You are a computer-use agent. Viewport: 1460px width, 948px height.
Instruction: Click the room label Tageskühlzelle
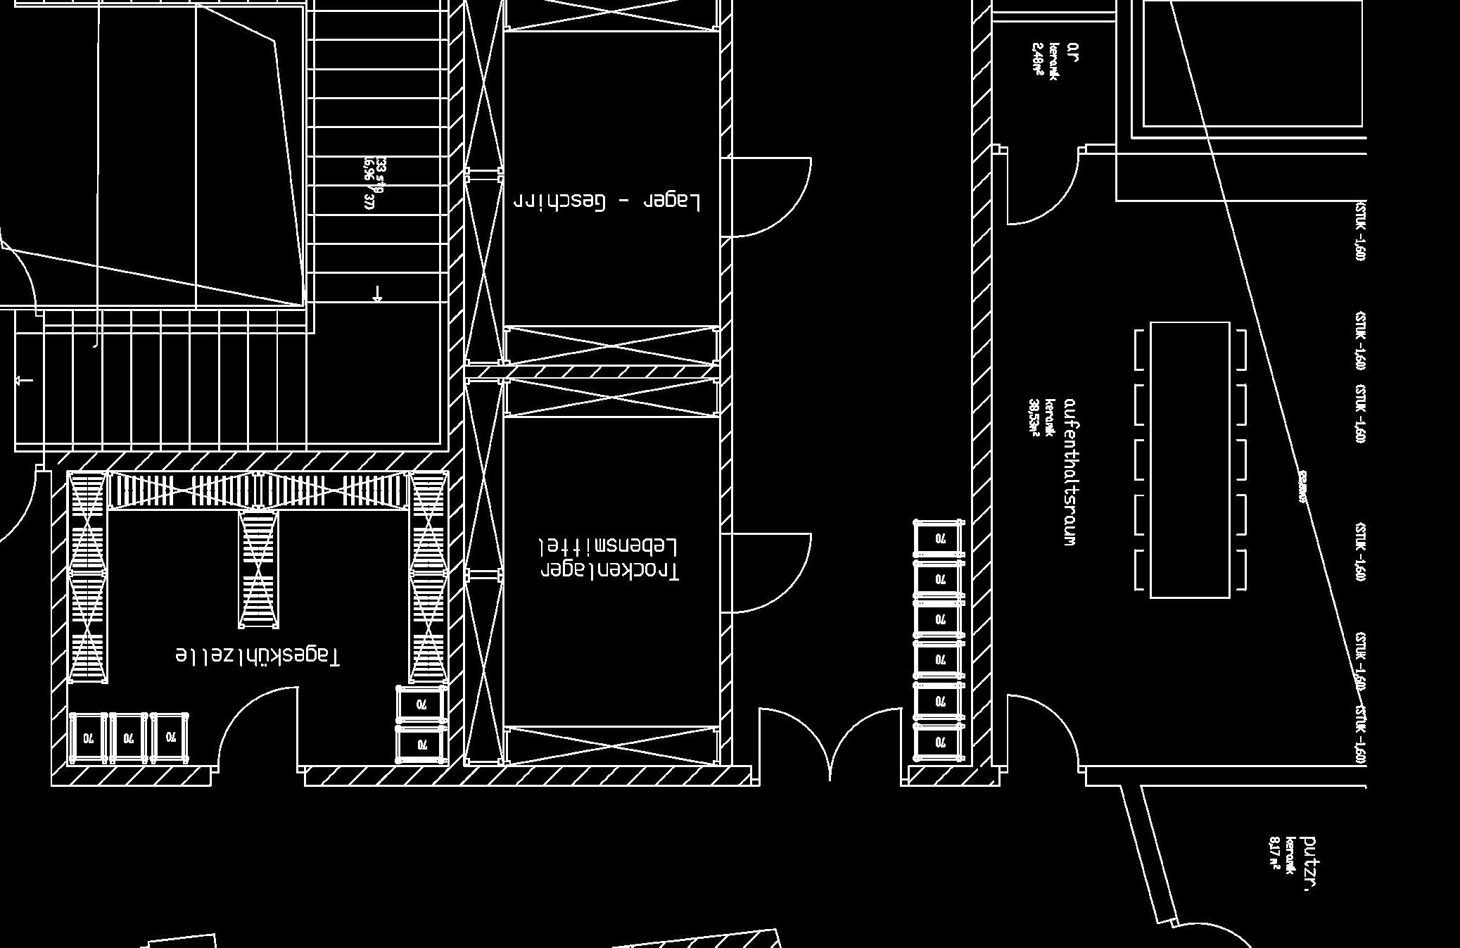click(x=258, y=655)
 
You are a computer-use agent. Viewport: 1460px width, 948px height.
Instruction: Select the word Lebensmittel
click(x=608, y=546)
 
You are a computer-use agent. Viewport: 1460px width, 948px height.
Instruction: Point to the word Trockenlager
click(x=609, y=571)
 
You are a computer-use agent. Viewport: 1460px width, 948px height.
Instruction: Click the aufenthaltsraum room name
click(x=1070, y=472)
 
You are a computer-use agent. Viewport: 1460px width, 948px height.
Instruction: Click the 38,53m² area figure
click(x=1034, y=418)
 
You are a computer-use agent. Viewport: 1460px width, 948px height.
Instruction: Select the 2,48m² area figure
click(x=1037, y=58)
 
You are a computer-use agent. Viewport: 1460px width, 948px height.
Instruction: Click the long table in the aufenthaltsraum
click(x=1190, y=460)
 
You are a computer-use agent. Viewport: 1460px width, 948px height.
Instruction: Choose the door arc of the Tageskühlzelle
click(x=257, y=725)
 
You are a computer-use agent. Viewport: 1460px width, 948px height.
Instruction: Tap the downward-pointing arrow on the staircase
click(x=378, y=293)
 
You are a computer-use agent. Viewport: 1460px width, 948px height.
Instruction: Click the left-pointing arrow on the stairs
click(x=24, y=381)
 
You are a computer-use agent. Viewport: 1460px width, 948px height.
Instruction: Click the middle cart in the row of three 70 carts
click(x=128, y=738)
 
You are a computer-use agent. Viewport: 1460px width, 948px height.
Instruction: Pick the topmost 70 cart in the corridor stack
click(x=939, y=539)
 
